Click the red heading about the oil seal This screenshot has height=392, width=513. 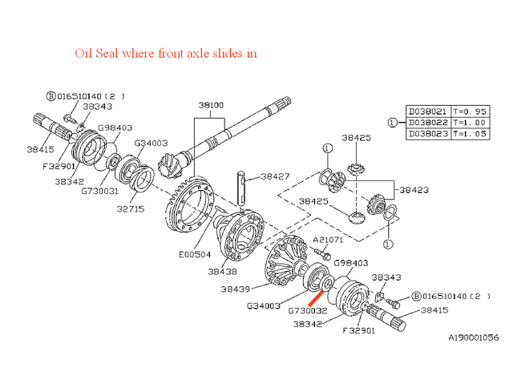166,54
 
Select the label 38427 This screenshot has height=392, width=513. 277,176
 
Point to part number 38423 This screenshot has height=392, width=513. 415,190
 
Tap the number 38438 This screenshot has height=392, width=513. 222,272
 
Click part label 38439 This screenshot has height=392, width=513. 238,289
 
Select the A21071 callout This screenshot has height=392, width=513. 329,240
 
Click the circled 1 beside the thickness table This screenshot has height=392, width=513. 392,123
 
